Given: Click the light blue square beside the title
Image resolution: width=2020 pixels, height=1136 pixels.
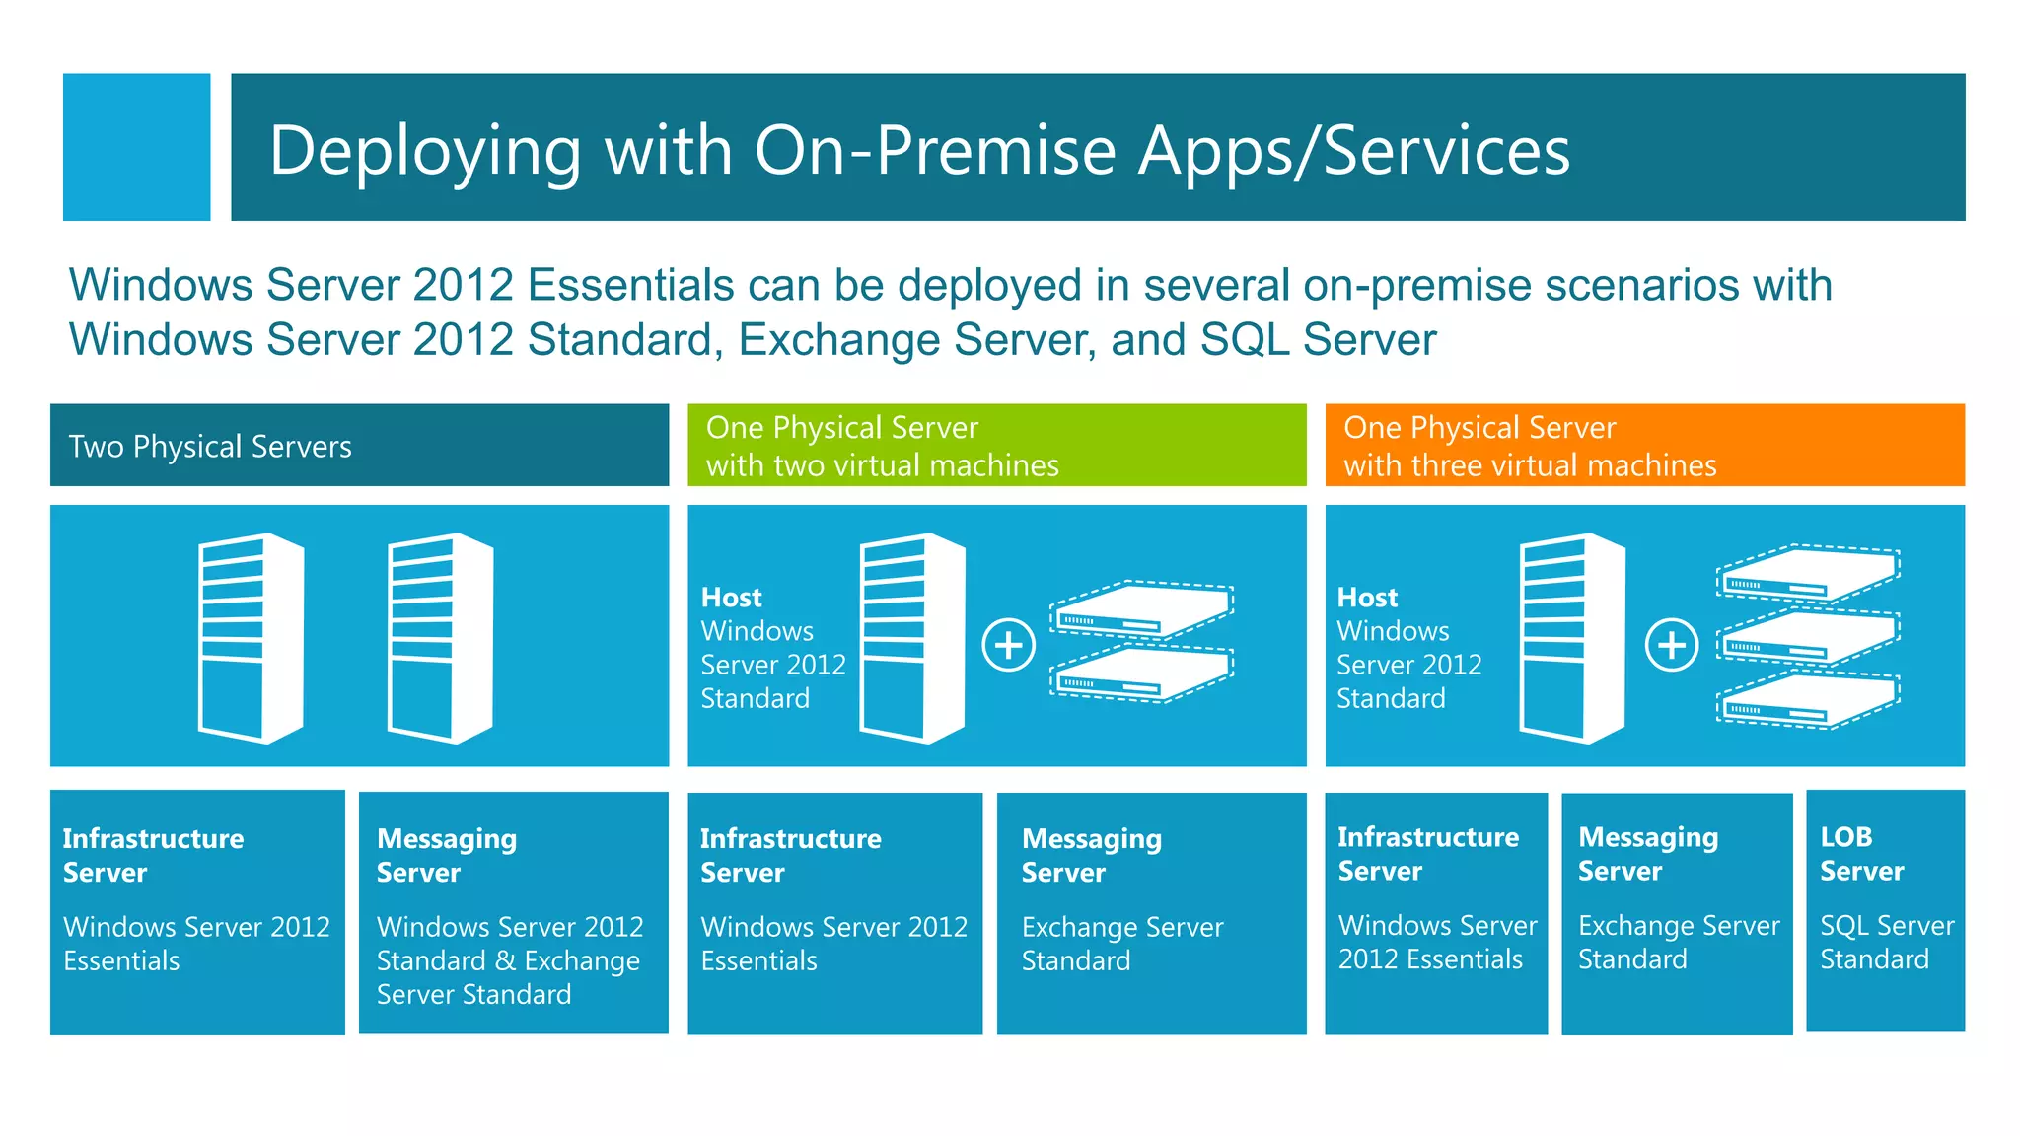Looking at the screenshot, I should pos(136,147).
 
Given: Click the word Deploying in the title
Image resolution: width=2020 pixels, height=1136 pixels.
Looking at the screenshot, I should pos(425,151).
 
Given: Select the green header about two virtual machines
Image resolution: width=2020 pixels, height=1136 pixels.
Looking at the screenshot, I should pos(996,446).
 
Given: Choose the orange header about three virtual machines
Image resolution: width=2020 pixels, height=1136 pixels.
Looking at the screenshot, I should pos(1644,446).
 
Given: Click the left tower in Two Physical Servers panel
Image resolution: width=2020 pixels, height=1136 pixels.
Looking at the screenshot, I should pos(251,638).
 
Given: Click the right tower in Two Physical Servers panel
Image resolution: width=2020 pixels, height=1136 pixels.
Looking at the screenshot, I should pos(440,638).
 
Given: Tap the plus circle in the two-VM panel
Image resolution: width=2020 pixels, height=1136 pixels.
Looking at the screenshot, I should pos(1008,646).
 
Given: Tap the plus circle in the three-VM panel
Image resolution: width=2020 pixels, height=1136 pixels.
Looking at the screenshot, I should pos(1671,646).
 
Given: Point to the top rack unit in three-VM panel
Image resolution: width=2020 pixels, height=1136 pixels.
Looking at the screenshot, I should pos(1808,573).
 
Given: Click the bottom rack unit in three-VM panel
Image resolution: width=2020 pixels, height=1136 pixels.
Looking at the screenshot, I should pos(1808,699).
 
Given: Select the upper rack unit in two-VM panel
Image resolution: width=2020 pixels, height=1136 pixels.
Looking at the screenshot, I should pos(1141,609).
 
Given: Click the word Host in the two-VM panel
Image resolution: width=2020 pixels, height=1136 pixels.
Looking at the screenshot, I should pos(731,598).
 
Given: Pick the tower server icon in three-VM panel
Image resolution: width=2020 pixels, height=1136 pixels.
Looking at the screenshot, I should pos(1572,638).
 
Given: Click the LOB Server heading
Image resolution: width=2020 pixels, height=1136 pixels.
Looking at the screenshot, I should pos(1861,854).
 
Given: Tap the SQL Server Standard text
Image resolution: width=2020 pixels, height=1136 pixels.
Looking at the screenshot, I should pos(1886,942).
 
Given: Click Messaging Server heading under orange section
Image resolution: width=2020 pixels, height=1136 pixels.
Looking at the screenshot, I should pos(1647,854).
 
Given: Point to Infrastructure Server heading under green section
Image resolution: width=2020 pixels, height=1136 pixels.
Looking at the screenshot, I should pos(790,855).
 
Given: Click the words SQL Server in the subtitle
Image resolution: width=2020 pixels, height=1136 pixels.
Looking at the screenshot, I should pos(1318,340).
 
